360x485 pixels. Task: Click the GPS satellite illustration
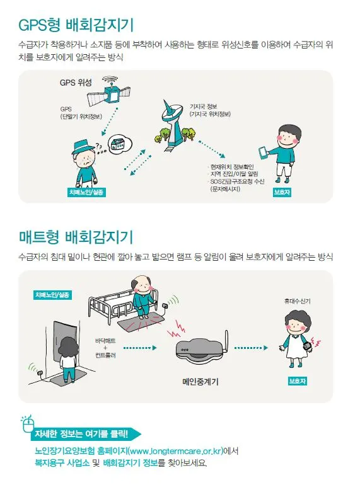coord(109,91)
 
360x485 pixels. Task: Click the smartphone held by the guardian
coord(263,153)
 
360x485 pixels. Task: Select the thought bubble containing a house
coord(120,144)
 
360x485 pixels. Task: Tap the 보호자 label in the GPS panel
coord(282,192)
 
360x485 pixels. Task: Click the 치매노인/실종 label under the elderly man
coord(86,192)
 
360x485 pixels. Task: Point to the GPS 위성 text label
coord(76,83)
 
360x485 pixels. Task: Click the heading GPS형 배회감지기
coord(76,25)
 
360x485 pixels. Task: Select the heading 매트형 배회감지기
coord(76,237)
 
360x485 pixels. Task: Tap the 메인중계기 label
coord(200,382)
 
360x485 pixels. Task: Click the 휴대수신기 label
coord(297,301)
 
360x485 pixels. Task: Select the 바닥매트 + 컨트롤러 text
coord(105,348)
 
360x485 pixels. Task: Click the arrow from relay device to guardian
coord(251,348)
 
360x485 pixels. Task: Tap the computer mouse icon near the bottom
coord(28,425)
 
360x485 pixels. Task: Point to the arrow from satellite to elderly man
coord(110,122)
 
